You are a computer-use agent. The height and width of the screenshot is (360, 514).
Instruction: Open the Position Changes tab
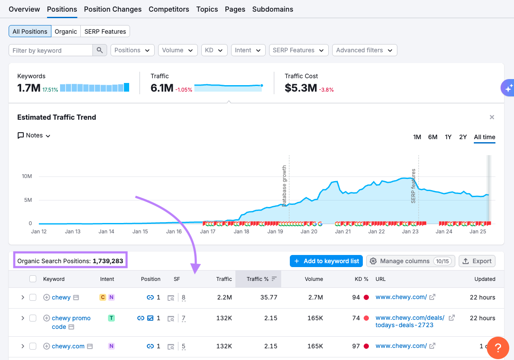(113, 9)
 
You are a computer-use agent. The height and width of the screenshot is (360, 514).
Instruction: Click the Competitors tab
(169, 9)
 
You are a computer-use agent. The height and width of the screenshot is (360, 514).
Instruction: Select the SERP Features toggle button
(105, 32)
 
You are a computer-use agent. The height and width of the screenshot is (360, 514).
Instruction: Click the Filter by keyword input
(51, 51)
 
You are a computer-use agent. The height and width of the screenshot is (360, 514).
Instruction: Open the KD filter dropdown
(214, 51)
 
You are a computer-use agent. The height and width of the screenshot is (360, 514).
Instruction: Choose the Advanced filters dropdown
(364, 51)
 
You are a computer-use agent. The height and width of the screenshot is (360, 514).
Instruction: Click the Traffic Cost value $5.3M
(301, 88)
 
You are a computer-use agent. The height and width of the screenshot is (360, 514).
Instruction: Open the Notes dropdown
(34, 136)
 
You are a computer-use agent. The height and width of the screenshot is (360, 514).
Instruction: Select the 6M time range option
(433, 137)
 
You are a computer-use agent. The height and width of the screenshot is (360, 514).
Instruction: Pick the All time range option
(484, 137)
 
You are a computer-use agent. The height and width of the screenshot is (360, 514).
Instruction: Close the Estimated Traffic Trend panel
(492, 117)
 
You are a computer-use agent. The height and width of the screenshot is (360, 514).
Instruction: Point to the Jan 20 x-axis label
(309, 232)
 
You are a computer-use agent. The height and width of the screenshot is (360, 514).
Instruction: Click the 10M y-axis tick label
(27, 176)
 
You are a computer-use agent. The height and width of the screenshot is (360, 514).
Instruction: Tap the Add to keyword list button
(326, 261)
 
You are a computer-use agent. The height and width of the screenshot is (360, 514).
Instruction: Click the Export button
(477, 261)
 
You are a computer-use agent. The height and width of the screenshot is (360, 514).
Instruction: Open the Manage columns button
(410, 261)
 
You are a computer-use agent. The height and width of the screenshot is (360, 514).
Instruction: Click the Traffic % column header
(258, 279)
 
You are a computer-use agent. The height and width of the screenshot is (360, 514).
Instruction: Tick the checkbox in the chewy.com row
(33, 346)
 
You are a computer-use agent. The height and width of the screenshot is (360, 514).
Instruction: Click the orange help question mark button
(498, 347)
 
